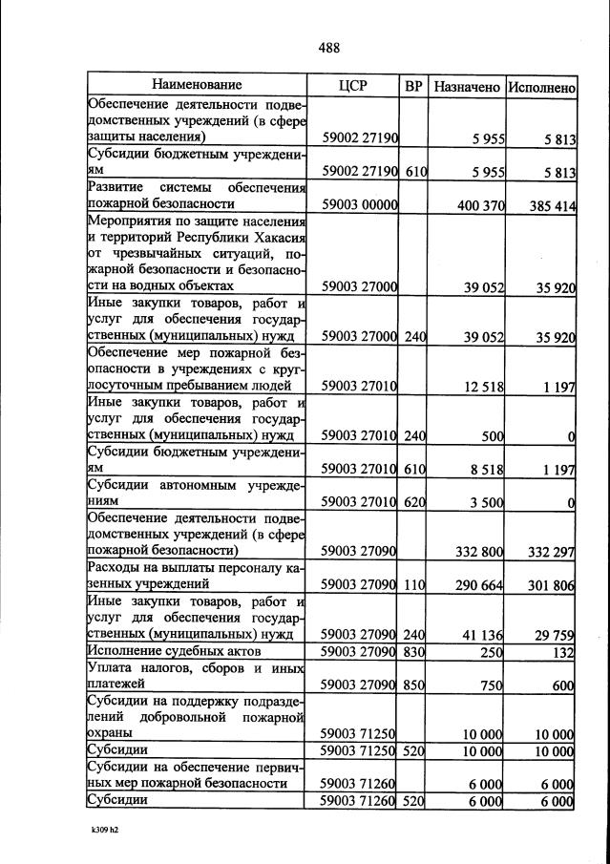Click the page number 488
328,48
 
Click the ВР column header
413,86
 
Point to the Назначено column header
467,87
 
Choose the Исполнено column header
541,87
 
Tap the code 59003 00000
359,204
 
